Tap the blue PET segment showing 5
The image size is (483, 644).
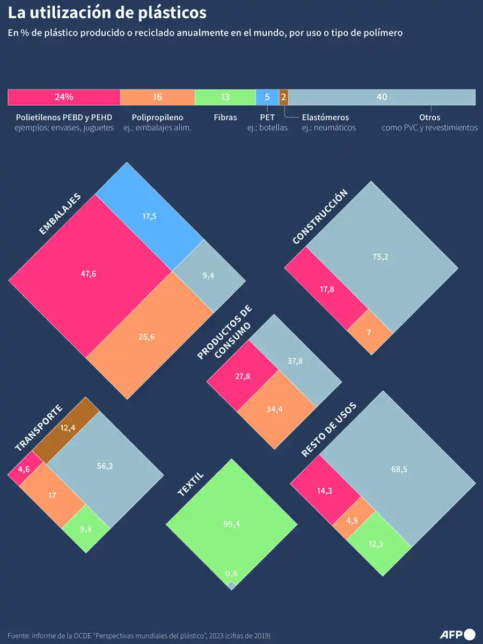point(267,97)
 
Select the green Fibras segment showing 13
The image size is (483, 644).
point(225,97)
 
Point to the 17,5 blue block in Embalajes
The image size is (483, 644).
point(150,217)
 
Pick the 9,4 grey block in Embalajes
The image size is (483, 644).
point(208,275)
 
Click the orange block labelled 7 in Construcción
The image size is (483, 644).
point(369,332)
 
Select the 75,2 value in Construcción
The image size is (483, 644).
point(379,257)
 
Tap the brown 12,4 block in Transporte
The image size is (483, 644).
point(67,428)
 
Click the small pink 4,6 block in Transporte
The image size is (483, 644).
point(24,469)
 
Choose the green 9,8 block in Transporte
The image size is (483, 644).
point(86,529)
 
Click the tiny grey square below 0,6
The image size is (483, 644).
point(231,585)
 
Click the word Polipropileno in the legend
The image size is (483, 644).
point(157,117)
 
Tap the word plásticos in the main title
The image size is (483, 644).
point(166,12)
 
